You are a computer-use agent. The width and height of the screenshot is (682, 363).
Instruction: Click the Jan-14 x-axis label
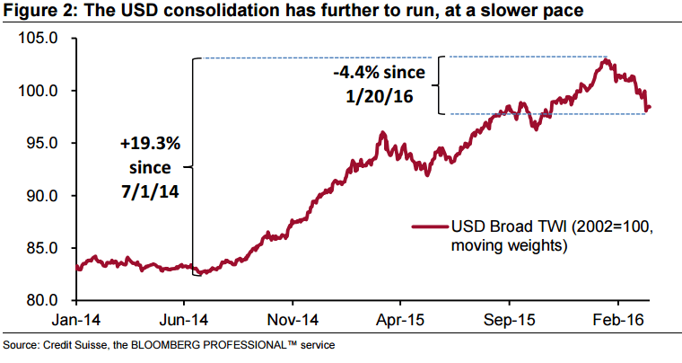click(79, 319)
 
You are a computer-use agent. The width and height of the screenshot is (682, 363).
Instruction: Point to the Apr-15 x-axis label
click(400, 319)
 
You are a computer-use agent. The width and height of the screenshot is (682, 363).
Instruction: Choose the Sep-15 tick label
click(508, 319)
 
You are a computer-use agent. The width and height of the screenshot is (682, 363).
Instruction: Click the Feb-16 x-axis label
click(616, 319)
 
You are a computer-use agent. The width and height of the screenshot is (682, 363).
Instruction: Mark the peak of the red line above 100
click(607, 60)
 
